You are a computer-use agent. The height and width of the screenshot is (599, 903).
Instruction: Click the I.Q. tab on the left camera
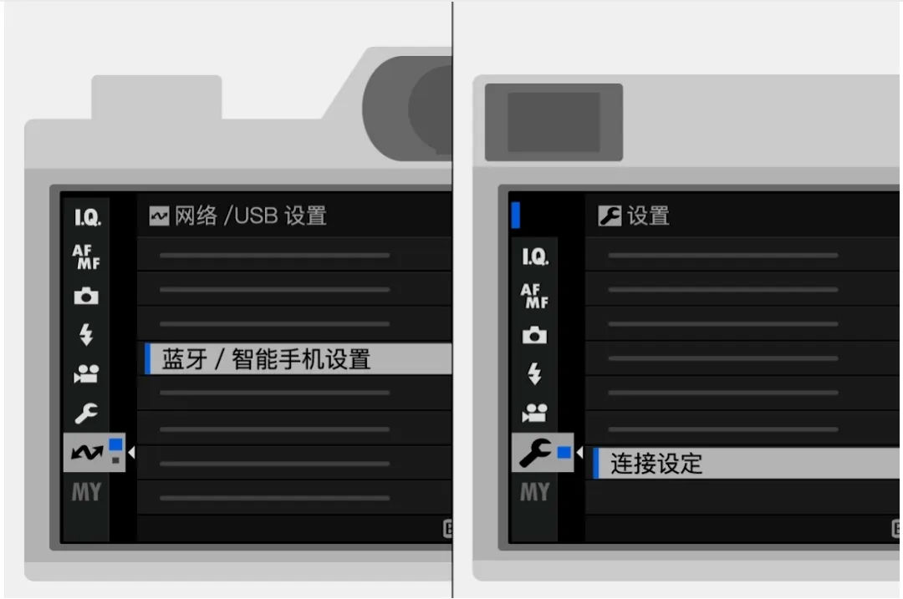[x=87, y=217]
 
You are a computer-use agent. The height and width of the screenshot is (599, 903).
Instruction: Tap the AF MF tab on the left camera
[x=86, y=256]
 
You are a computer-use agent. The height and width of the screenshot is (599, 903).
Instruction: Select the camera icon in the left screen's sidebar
[x=86, y=296]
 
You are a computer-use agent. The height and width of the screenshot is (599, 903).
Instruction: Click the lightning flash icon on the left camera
[x=86, y=334]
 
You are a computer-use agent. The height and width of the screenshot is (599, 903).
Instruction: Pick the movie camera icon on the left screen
[x=86, y=374]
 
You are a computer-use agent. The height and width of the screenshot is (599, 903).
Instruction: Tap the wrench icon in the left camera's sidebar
[x=86, y=414]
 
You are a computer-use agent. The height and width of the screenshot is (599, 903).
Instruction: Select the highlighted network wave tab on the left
[x=94, y=452]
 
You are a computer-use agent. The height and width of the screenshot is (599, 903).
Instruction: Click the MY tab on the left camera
[x=86, y=492]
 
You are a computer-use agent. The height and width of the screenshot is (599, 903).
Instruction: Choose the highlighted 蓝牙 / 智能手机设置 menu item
[x=298, y=359]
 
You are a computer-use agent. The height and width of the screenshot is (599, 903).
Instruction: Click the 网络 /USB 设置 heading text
[x=251, y=216]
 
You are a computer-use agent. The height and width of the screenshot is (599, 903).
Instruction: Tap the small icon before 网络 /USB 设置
[x=159, y=216]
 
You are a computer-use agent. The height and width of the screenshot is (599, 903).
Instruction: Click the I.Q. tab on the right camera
[x=535, y=256]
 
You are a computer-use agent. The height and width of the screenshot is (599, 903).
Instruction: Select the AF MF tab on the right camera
[x=534, y=296]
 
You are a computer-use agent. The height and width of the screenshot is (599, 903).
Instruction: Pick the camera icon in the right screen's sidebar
[x=534, y=335]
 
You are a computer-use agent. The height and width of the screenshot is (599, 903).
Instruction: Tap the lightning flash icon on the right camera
[x=534, y=373]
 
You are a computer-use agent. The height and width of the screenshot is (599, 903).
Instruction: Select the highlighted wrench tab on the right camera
[x=543, y=452]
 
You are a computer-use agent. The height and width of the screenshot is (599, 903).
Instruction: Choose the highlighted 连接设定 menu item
[x=747, y=463]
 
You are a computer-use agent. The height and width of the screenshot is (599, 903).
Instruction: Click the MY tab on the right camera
[x=535, y=492]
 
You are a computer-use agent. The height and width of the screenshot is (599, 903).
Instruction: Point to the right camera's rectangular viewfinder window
[x=554, y=122]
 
